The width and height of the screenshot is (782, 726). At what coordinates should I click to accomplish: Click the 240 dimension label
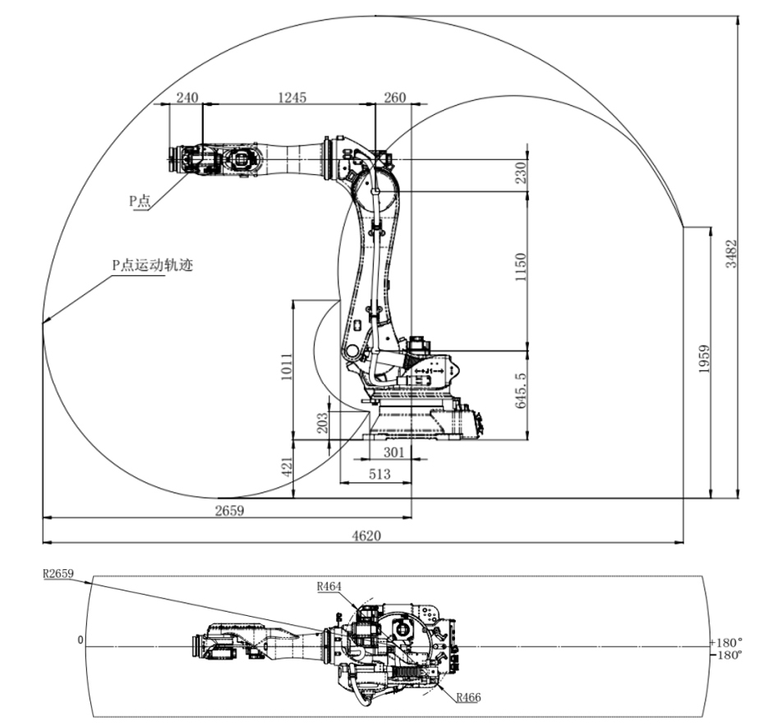(187, 97)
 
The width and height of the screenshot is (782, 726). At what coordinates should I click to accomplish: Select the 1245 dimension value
(292, 97)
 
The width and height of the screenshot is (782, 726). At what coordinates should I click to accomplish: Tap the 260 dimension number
(395, 97)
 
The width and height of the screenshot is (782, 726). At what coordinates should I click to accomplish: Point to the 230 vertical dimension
(519, 173)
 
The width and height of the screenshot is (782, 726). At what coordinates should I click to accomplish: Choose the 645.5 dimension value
(519, 393)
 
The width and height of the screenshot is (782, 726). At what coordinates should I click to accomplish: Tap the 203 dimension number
(323, 422)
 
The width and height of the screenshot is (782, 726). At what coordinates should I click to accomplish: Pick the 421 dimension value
(287, 468)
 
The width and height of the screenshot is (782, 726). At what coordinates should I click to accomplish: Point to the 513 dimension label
(379, 474)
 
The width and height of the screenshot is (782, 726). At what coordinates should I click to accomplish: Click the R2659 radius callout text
(59, 574)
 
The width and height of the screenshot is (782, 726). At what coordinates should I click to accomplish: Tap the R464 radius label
(329, 586)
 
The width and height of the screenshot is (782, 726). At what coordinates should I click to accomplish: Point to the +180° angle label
(726, 641)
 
